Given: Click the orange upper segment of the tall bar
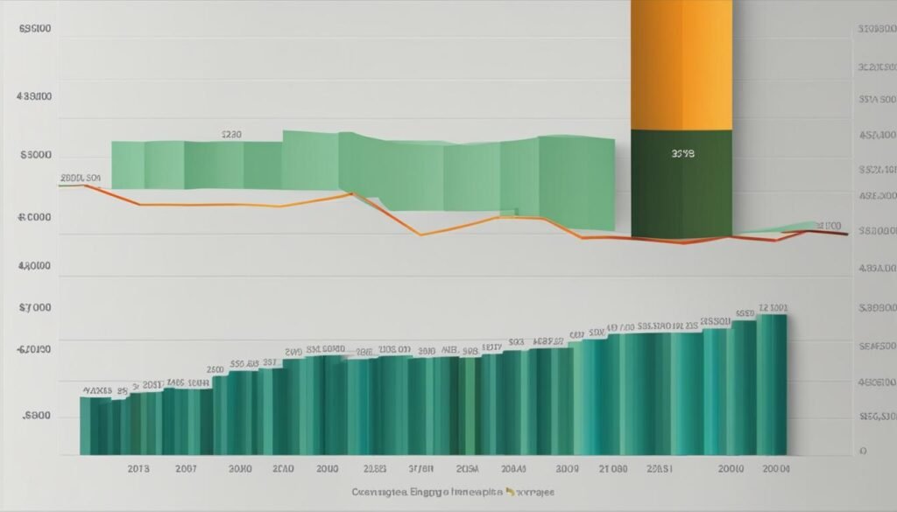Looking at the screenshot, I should click(x=681, y=66).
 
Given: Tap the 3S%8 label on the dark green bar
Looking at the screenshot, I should click(x=682, y=153).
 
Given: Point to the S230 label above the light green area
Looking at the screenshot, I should click(x=231, y=136).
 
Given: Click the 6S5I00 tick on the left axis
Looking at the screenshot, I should click(x=35, y=28).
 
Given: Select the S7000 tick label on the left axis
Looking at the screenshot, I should click(x=35, y=308).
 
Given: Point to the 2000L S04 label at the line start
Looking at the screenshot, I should click(x=81, y=179).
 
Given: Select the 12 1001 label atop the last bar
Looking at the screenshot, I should click(x=773, y=309).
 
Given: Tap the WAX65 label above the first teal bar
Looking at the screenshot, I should click(x=97, y=390).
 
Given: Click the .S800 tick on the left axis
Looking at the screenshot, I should click(x=35, y=417).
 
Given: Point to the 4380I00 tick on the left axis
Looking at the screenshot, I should click(x=35, y=99).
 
